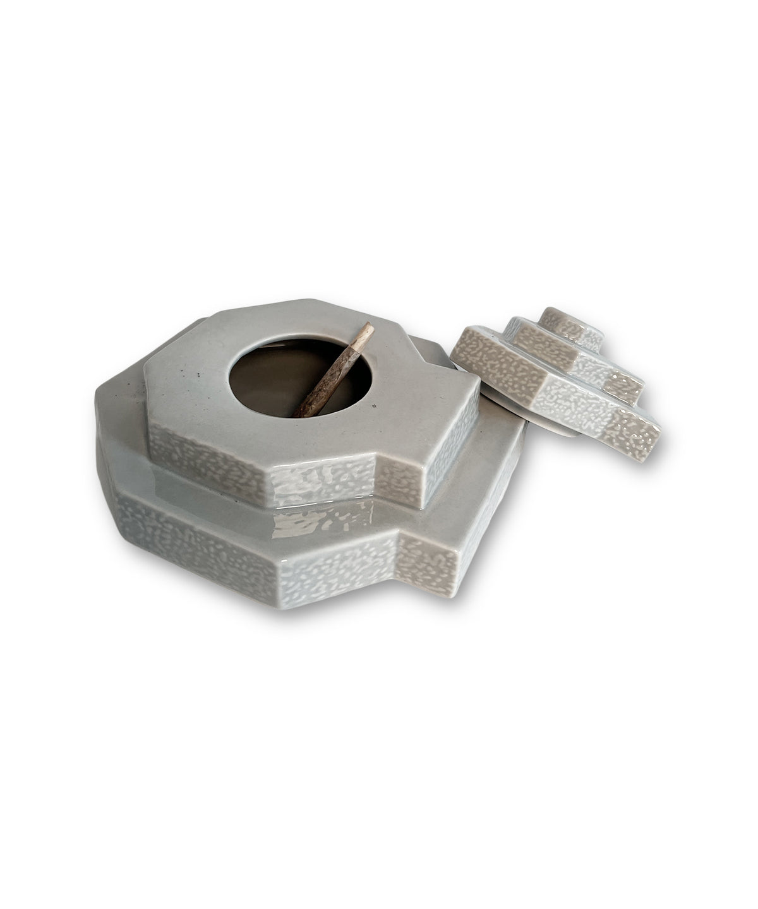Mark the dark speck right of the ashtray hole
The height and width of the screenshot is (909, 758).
375,405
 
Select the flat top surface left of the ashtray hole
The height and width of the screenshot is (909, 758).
189,391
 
